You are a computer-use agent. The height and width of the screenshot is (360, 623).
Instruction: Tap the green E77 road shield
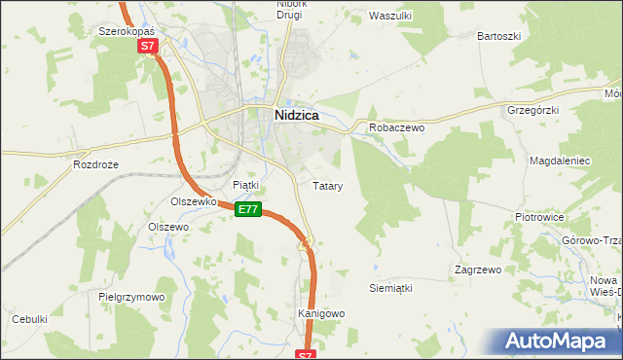click(248, 209)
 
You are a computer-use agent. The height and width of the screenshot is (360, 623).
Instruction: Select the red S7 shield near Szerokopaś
click(147, 46)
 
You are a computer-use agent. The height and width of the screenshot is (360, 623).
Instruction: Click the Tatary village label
click(327, 185)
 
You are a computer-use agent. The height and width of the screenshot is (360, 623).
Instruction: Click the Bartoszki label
click(499, 36)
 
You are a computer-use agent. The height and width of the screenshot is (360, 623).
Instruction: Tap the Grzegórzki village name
click(532, 110)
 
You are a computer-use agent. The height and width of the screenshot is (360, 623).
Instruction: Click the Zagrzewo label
click(477, 269)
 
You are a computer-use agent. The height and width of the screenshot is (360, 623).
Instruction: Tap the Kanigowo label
click(321, 314)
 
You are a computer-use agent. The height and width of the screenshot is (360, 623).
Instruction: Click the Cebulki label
click(29, 319)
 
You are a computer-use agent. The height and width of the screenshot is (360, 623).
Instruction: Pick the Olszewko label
click(192, 201)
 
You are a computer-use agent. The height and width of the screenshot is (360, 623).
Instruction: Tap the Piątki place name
click(245, 184)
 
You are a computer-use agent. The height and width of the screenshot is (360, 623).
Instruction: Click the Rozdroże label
click(95, 165)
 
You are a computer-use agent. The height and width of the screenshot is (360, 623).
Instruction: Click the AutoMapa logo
click(560, 341)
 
